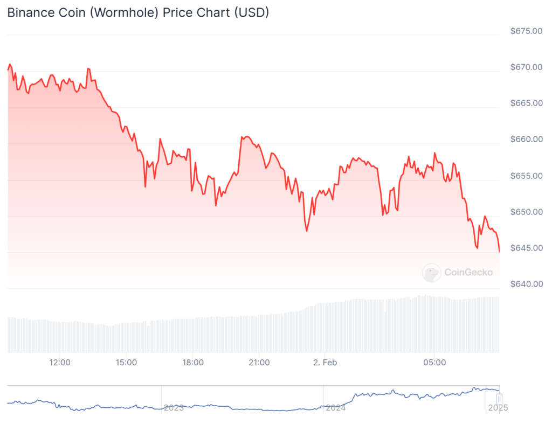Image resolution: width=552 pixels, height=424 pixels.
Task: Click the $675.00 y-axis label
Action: pyautogui.click(x=526, y=31)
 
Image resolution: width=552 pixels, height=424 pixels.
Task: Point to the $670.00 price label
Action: pyautogui.click(x=526, y=67)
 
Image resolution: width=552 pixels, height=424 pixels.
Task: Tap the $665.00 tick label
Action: pyautogui.click(x=526, y=103)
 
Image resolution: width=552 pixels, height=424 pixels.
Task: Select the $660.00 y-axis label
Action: pyautogui.click(x=526, y=140)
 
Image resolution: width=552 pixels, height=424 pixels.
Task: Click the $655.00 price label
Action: pyautogui.click(x=526, y=176)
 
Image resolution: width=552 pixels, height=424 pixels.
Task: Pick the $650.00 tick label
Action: pyautogui.click(x=526, y=212)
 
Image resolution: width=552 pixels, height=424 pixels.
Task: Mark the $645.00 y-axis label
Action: pyautogui.click(x=526, y=248)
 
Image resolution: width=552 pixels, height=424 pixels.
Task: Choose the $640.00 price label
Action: pyautogui.click(x=526, y=284)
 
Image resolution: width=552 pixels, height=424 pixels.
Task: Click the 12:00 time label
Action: pyautogui.click(x=60, y=363)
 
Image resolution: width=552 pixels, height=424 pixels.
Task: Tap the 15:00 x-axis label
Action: pyautogui.click(x=126, y=363)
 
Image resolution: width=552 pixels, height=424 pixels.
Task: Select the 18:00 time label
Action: pyautogui.click(x=193, y=363)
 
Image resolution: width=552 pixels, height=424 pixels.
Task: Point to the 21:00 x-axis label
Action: pyautogui.click(x=259, y=363)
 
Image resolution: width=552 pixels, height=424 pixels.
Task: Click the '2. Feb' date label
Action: pyautogui.click(x=325, y=363)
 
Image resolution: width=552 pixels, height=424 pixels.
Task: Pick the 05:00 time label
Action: pyautogui.click(x=434, y=363)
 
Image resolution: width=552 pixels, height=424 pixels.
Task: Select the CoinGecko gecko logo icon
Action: pyautogui.click(x=431, y=273)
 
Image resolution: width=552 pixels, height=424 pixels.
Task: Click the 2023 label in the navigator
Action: pyautogui.click(x=174, y=408)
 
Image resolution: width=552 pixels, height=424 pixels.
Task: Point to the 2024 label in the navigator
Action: pyautogui.click(x=335, y=408)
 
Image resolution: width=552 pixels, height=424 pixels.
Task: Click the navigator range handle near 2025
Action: pyautogui.click(x=499, y=399)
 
